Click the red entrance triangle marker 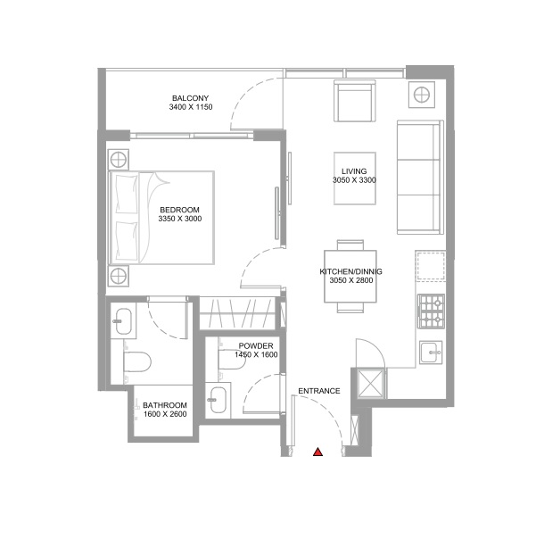tap(317, 452)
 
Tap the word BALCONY tap(190, 98)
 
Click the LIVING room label tap(354, 171)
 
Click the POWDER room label tap(256, 346)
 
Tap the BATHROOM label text tap(165, 405)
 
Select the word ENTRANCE tap(318, 391)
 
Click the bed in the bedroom tap(162, 217)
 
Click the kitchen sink tap(430, 352)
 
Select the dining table tap(350, 276)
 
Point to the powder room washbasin tap(218, 399)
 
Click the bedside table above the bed tap(120, 161)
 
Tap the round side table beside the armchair tap(421, 95)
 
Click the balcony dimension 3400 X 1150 tap(190, 108)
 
